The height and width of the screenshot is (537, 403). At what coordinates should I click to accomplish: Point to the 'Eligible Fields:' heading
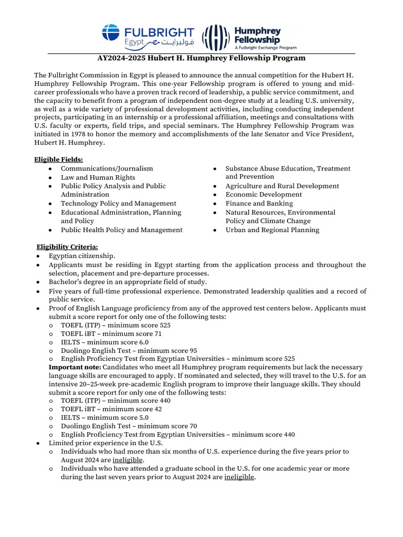tap(58, 159)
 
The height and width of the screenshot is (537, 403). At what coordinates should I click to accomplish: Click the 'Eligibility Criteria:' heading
tap(67, 246)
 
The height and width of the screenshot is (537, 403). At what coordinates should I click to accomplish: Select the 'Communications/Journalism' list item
tap(107, 168)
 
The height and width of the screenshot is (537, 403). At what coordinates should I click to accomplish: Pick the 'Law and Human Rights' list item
tap(98, 177)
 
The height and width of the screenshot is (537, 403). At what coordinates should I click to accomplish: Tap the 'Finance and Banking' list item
tap(259, 203)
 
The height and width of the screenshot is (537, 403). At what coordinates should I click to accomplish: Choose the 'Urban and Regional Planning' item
tap(272, 230)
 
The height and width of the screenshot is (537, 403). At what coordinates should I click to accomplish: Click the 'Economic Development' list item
tap(264, 195)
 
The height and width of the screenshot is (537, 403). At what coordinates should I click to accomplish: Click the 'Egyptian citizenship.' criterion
tap(82, 256)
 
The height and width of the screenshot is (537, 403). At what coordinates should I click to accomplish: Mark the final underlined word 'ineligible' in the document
tap(239, 477)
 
